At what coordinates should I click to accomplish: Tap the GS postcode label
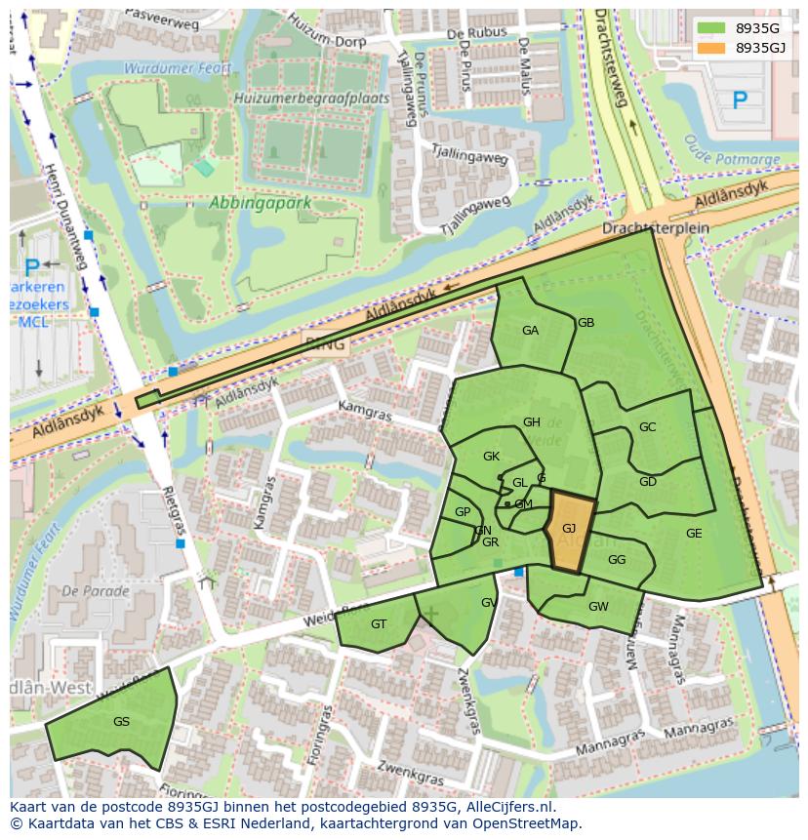[x=121, y=722]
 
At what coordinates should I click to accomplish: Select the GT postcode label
[x=379, y=624]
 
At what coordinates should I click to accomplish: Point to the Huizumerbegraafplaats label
[x=311, y=99]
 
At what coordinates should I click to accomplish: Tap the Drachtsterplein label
[x=655, y=227]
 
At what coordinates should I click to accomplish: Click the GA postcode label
[x=530, y=331]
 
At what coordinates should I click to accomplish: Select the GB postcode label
[x=586, y=323]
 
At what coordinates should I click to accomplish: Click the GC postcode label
[x=647, y=427]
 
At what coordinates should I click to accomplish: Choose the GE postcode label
[x=694, y=534]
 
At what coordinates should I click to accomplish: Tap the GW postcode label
[x=598, y=607]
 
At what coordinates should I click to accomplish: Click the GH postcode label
[x=532, y=422]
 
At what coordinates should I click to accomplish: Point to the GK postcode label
[x=491, y=457]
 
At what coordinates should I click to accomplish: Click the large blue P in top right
[x=740, y=100]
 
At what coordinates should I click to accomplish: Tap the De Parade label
[x=95, y=591]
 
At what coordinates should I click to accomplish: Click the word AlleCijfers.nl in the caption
[x=508, y=808]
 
